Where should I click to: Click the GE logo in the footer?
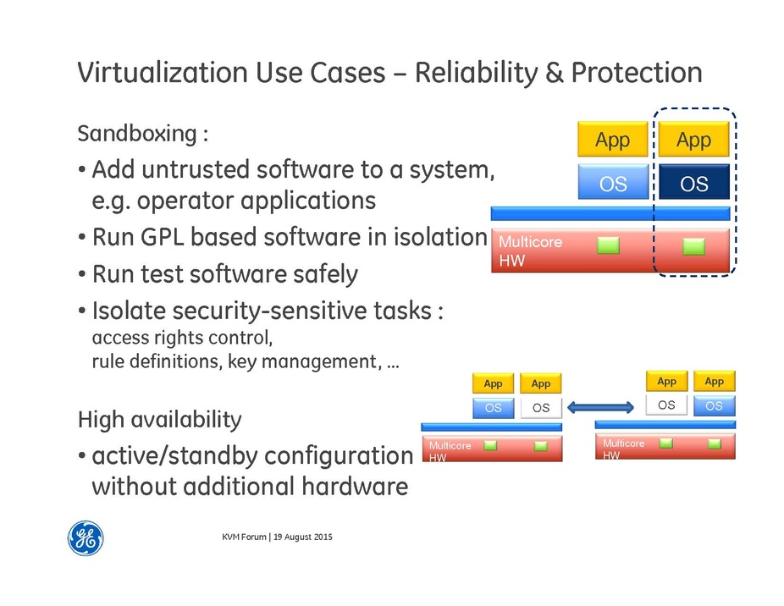pyautogui.click(x=86, y=537)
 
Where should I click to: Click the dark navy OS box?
pyautogui.click(x=693, y=183)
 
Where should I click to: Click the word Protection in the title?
pyautogui.click(x=636, y=73)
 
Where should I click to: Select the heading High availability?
pyautogui.click(x=159, y=419)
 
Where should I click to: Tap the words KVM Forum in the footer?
pyautogui.click(x=242, y=537)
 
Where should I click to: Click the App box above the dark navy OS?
pyautogui.click(x=693, y=140)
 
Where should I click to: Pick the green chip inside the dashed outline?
pyautogui.click(x=693, y=245)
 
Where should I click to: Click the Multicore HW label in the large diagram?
pyautogui.click(x=530, y=251)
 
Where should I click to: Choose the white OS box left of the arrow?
pyautogui.click(x=540, y=408)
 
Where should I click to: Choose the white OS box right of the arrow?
pyautogui.click(x=666, y=405)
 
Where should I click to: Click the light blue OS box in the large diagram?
pyautogui.click(x=613, y=183)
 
